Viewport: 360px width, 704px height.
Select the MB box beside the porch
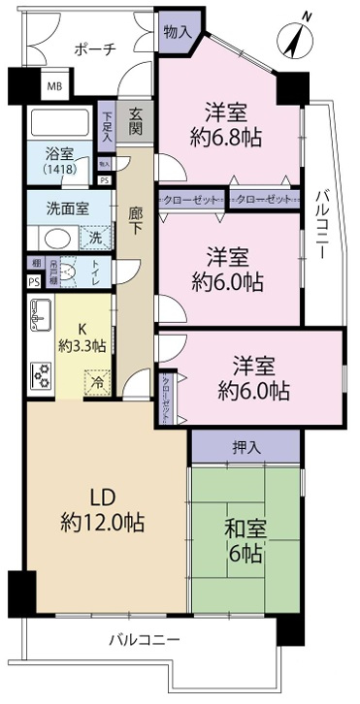[57, 86]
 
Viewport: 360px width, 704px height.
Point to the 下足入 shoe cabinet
[107, 126]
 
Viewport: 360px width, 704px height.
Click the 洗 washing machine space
[95, 236]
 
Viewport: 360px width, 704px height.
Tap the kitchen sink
[41, 312]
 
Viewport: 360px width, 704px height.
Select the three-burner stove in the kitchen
[42, 374]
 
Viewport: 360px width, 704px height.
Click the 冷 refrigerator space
[97, 383]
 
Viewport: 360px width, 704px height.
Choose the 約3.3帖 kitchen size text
[82, 347]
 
